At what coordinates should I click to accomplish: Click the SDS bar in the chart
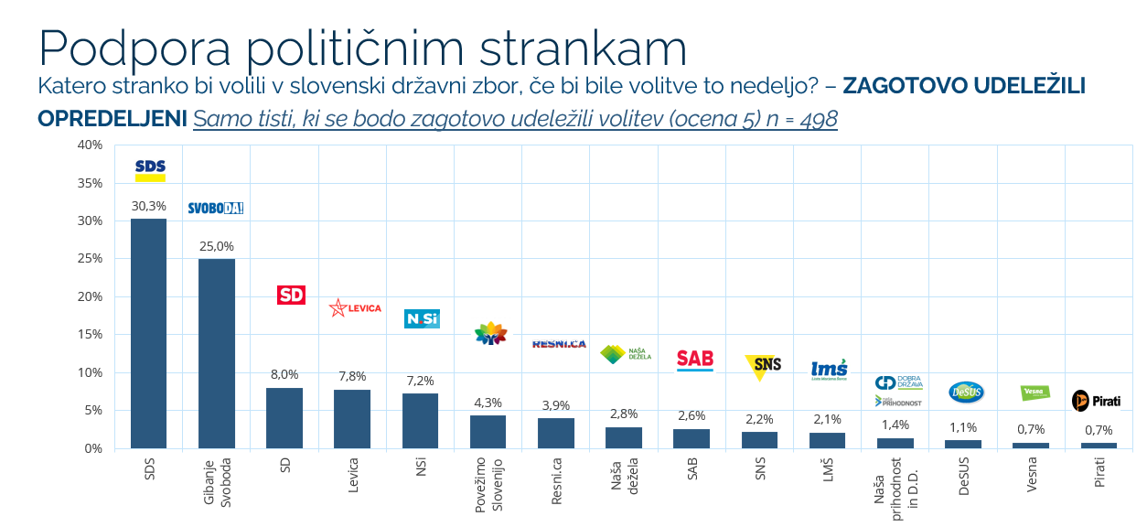[148, 333]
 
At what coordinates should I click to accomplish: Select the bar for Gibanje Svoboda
[217, 353]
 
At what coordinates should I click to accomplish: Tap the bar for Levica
[352, 419]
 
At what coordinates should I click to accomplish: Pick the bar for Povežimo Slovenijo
[488, 432]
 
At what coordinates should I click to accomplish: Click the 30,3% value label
[148, 206]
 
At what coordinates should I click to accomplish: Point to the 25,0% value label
[217, 246]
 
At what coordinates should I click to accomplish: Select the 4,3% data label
[488, 403]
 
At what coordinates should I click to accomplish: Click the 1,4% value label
[895, 425]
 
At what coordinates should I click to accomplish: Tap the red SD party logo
[291, 295]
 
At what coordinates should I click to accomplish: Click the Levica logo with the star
[355, 308]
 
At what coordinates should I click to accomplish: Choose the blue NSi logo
[422, 318]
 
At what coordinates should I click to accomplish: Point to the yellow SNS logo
[763, 365]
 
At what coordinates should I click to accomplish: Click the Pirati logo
[1096, 401]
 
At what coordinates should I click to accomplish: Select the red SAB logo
[694, 360]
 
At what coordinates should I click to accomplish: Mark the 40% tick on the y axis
[90, 145]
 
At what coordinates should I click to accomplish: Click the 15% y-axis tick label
[90, 334]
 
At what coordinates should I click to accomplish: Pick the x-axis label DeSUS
[963, 476]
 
